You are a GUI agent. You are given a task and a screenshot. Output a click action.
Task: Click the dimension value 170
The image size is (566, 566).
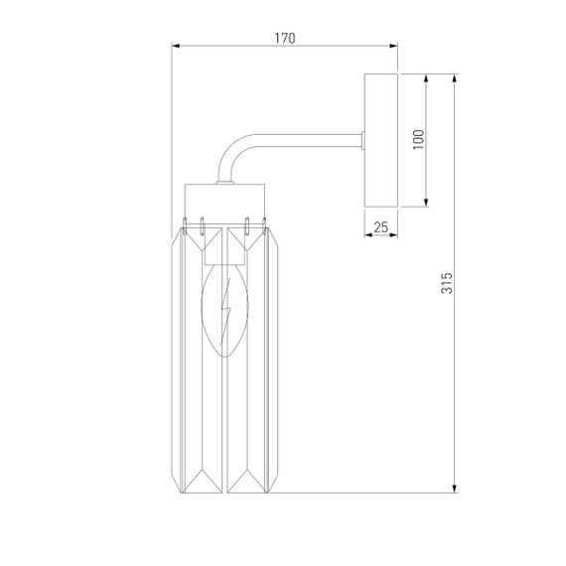(x=284, y=38)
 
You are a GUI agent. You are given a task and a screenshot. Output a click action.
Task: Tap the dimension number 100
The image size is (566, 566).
(x=418, y=140)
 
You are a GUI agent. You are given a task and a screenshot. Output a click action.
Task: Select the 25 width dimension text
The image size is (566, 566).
(x=380, y=227)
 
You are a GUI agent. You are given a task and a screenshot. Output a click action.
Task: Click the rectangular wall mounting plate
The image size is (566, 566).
(x=380, y=140)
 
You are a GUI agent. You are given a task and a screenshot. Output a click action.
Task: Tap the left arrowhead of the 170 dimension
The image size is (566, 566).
(x=176, y=46)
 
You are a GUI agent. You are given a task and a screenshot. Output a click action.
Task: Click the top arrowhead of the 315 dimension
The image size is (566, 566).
(x=455, y=77)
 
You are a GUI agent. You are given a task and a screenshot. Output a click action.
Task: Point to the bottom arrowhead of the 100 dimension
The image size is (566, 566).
(x=427, y=204)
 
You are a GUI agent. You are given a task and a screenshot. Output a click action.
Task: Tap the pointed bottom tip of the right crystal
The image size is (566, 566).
(x=250, y=492)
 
